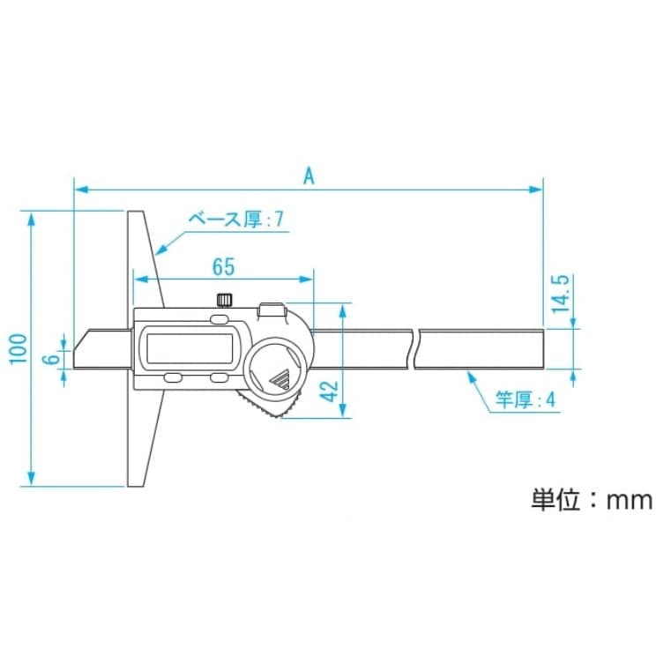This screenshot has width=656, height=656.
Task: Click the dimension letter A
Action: [309, 175]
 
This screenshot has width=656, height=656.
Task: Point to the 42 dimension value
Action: [327, 388]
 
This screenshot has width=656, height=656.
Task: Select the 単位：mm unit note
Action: [591, 501]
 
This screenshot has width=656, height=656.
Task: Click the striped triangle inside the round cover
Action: [280, 379]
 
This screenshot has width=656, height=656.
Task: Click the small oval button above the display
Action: [219, 318]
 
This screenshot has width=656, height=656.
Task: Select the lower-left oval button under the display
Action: [172, 378]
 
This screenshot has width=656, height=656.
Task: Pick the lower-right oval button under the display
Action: [219, 378]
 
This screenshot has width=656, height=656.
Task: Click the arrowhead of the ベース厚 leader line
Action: [159, 252]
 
